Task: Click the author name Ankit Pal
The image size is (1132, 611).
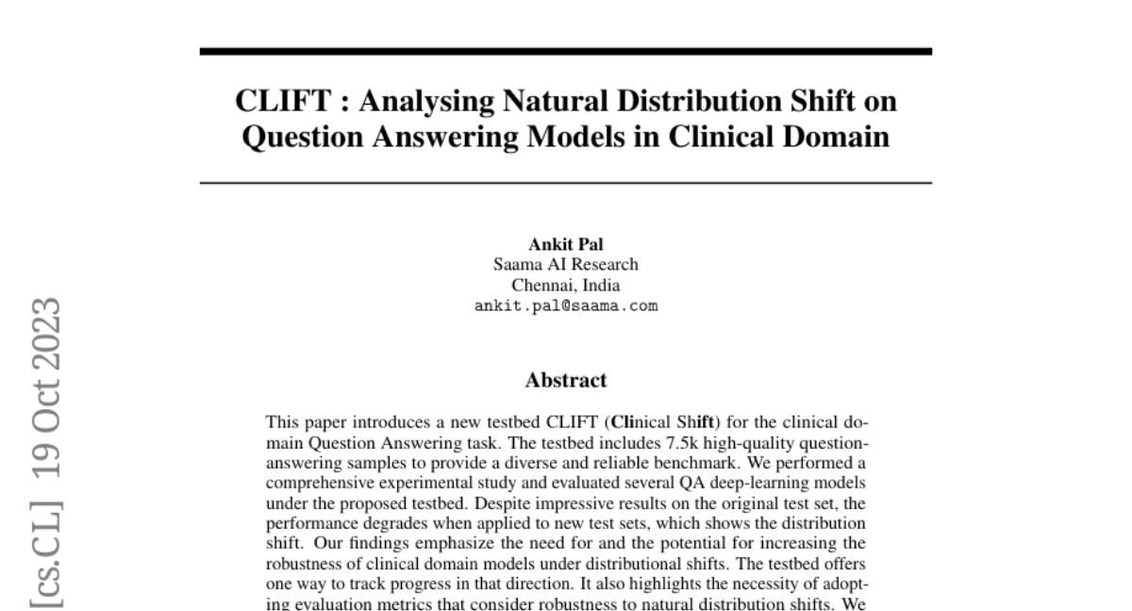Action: click(x=566, y=245)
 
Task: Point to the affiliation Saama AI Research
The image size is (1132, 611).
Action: click(x=566, y=265)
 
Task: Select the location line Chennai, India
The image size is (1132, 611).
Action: click(x=566, y=285)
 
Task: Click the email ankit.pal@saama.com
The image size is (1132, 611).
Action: click(x=566, y=305)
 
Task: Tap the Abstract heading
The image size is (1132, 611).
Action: click(x=566, y=381)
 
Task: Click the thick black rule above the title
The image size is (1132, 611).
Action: click(x=566, y=51)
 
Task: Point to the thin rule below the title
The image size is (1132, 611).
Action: click(x=566, y=183)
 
